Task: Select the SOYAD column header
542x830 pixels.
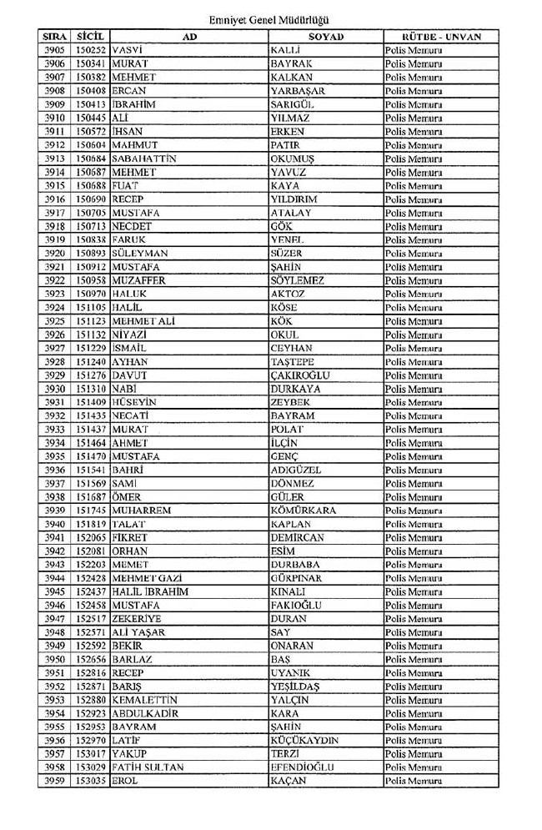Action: [325, 37]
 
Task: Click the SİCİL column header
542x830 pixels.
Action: [89, 37]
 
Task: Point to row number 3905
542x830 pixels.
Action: [55, 50]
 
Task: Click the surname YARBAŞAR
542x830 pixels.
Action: [298, 91]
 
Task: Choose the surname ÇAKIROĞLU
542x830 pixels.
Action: [300, 375]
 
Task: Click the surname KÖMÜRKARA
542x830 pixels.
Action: [304, 511]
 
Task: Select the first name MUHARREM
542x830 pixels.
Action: [141, 511]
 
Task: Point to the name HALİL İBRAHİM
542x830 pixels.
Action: [150, 591]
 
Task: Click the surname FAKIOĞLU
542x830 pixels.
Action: [297, 605]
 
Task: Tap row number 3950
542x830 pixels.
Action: [55, 659]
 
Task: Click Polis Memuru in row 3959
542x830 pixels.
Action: [414, 781]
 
